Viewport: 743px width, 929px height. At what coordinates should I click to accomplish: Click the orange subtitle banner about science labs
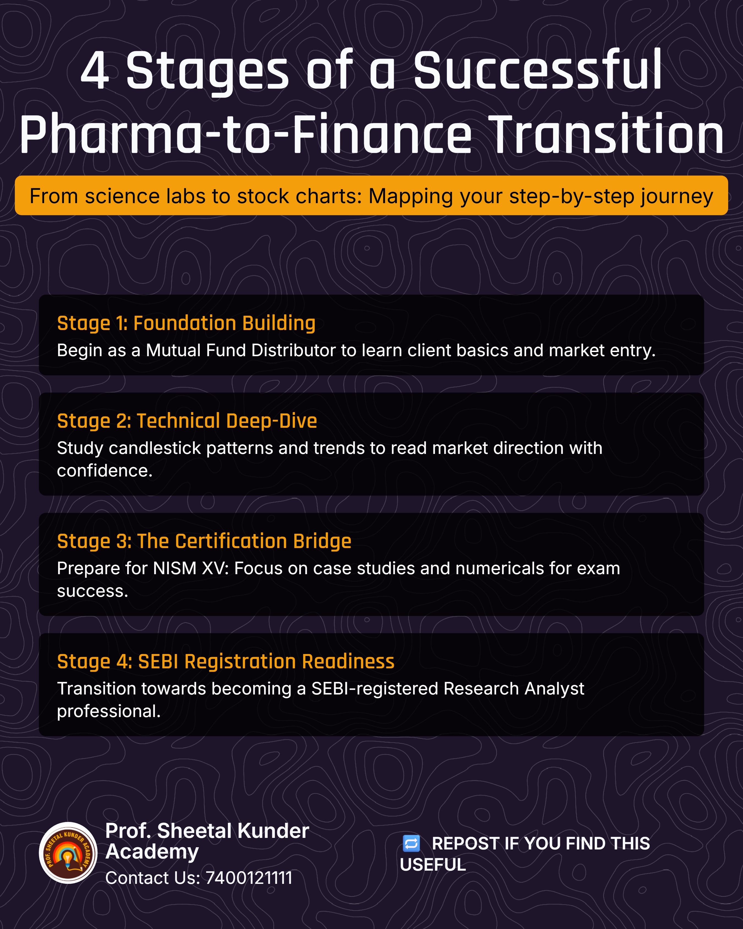tap(371, 195)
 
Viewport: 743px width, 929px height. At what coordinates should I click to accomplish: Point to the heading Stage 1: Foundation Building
tap(186, 323)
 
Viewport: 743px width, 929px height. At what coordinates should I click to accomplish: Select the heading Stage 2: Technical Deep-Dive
tap(187, 421)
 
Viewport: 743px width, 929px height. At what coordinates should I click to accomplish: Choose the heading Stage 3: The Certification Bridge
tap(204, 541)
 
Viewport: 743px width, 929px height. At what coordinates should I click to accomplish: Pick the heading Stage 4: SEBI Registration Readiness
tap(226, 661)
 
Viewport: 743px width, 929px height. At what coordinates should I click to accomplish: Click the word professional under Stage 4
tap(108, 711)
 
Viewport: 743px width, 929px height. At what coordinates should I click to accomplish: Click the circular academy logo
tap(68, 853)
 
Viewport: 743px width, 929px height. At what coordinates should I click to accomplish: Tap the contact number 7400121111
tap(249, 878)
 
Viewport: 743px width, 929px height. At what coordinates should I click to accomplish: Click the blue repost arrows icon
tap(411, 843)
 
